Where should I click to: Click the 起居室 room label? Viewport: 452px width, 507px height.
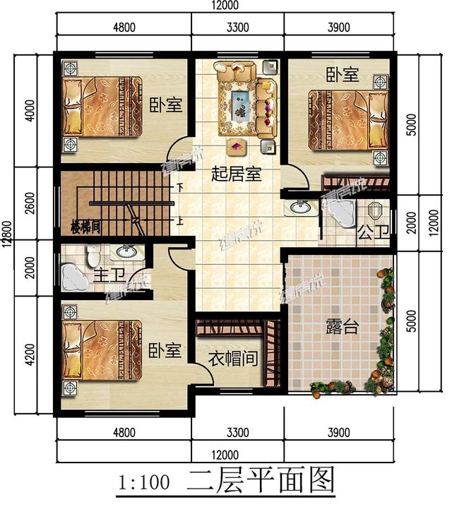(237, 174)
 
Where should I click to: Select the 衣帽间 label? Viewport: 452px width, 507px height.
(232, 359)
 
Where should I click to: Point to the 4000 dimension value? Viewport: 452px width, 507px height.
(29, 110)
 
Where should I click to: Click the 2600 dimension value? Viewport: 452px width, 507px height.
(29, 203)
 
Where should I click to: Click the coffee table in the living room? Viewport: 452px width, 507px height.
(240, 103)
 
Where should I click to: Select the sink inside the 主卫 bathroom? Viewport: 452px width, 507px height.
(127, 252)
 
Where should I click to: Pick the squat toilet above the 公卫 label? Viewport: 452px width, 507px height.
(374, 210)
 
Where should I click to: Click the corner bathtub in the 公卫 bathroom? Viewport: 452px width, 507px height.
(338, 210)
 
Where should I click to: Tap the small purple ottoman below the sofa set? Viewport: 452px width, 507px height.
(234, 146)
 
